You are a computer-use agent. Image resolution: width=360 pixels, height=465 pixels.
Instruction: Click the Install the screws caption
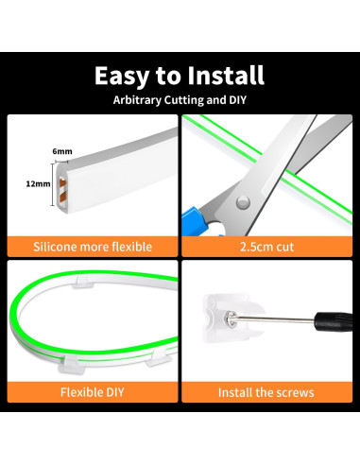tap(266, 391)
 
